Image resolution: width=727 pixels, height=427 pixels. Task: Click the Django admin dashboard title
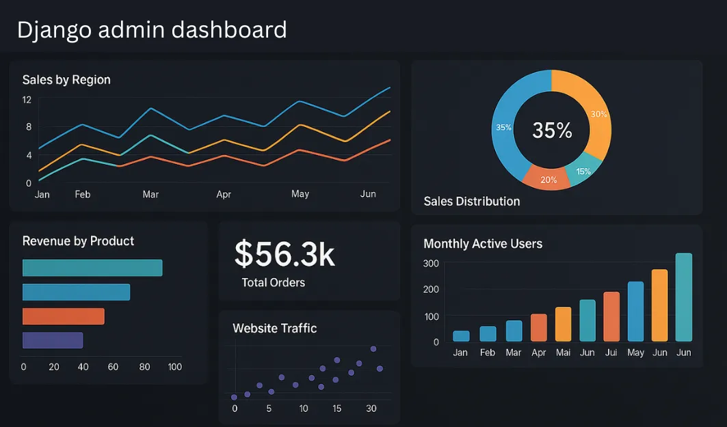coord(151,30)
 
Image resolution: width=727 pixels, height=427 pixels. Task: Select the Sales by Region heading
coord(66,80)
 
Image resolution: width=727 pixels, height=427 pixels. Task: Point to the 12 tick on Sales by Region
coord(27,100)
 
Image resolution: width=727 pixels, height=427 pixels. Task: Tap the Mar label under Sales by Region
coord(150,195)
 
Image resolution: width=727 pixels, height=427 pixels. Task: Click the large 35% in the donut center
coord(552,130)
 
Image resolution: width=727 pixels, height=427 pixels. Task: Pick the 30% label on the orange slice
coord(598,114)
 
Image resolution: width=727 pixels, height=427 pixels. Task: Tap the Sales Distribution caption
coord(471,202)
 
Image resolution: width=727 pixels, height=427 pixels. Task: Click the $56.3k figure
coord(285,253)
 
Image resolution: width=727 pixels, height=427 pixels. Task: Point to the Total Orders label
coord(273,283)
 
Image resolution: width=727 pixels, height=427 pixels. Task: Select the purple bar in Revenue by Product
coord(53,340)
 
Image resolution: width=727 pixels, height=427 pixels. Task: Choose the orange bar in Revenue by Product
coord(63,316)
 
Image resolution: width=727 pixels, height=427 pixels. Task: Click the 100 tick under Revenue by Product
coord(174,367)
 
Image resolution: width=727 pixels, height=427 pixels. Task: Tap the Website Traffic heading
coord(274,329)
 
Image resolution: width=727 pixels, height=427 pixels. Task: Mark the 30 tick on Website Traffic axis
coord(371,409)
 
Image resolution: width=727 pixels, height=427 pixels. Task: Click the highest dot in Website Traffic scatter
coord(373,349)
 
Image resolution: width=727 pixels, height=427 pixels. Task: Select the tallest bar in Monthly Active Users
coord(683,297)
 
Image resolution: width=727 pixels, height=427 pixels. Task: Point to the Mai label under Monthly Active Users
coord(563,353)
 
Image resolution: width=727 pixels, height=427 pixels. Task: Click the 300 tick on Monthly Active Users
coord(431,264)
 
